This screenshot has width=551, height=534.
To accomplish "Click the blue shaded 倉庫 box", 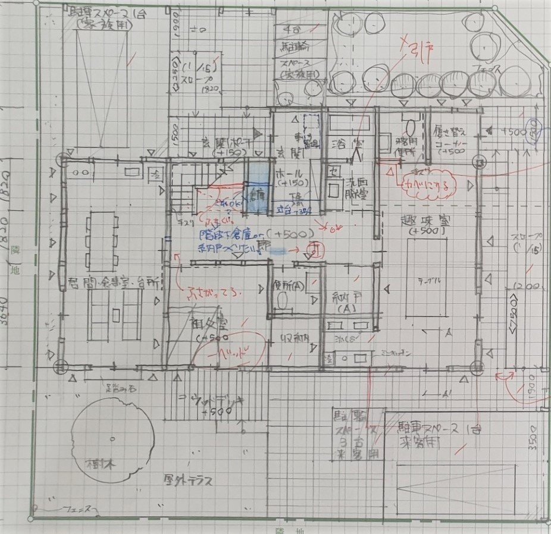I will [257, 193].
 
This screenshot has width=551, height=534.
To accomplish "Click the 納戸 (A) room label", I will [346, 303].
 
